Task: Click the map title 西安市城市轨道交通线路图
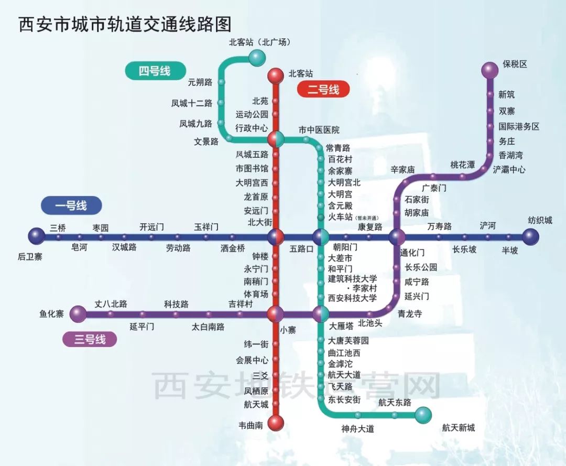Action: tap(125, 24)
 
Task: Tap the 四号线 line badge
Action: tap(156, 71)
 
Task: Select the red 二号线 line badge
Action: tap(323, 89)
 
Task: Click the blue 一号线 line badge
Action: tap(71, 205)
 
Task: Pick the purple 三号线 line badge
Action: tap(90, 339)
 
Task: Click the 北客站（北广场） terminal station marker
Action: tap(257, 57)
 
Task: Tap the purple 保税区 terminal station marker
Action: tap(490, 70)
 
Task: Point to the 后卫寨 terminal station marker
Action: tap(37, 236)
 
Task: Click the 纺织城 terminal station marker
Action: tap(530, 237)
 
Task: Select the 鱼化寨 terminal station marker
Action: tap(78, 314)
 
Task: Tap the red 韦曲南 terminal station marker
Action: tap(276, 423)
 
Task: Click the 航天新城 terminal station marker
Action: tap(423, 415)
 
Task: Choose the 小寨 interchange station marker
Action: tap(276, 314)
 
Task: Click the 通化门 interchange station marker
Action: tap(397, 237)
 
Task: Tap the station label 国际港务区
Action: tap(519, 126)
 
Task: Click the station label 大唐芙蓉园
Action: tap(349, 340)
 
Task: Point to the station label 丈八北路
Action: tap(111, 304)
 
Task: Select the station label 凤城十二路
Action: tap(192, 103)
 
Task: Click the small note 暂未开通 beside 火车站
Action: tap(367, 218)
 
